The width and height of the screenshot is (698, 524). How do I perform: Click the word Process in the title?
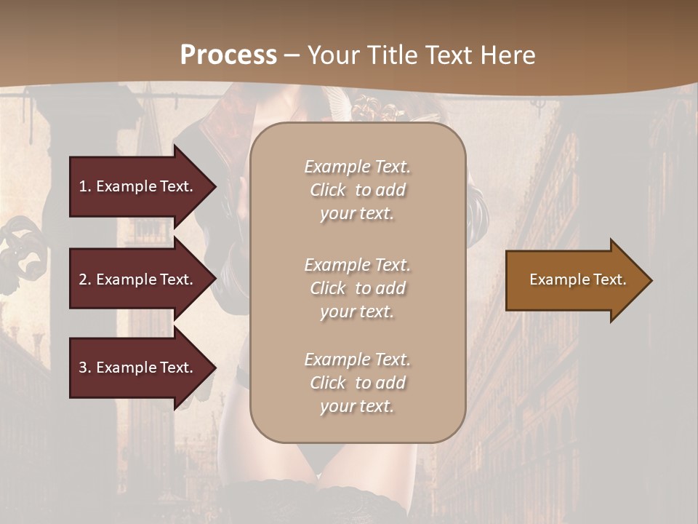coord(228,55)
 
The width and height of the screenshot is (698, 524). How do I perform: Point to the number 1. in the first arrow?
coord(85,186)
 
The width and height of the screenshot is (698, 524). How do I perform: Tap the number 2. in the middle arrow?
coord(85,279)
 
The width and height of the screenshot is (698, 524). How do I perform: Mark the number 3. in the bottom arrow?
coord(85,368)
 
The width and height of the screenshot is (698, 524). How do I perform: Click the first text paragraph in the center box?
coord(357,190)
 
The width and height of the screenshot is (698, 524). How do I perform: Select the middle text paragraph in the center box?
coord(357,288)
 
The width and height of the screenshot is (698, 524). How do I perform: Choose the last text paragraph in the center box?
coord(357,383)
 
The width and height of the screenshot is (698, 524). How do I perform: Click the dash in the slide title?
coord(292,56)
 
